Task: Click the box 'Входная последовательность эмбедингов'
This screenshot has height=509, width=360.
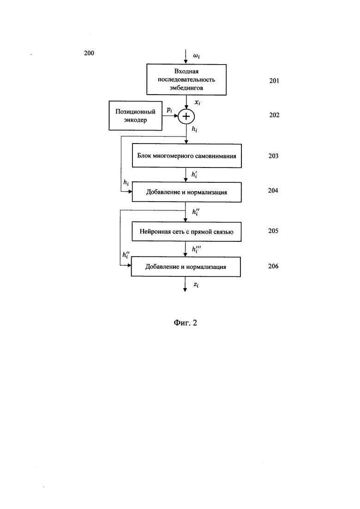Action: pos(186,79)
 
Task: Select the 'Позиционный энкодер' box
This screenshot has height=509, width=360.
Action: pos(135,115)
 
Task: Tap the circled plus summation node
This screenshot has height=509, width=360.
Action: pos(186,116)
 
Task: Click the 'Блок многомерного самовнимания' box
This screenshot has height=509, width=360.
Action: pos(186,156)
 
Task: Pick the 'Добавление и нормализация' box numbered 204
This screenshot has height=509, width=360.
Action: pos(186,192)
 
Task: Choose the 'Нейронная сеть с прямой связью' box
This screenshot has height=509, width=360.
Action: pos(186,232)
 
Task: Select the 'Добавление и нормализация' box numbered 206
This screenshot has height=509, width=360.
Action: pos(186,267)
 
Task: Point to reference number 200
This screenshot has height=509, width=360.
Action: pos(89,53)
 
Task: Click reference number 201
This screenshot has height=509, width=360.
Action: pos(274,80)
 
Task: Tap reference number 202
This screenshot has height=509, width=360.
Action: pos(274,115)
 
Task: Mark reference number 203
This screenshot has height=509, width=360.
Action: pos(273,156)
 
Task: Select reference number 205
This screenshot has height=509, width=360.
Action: pos(273,231)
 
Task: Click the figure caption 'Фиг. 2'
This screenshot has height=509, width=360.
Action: pos(186,323)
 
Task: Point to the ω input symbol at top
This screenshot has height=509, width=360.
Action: pos(197,56)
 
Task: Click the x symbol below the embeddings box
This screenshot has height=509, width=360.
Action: pos(197,102)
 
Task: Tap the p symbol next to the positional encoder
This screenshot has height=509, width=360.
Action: pos(169,110)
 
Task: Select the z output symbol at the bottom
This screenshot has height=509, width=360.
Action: pos(196,285)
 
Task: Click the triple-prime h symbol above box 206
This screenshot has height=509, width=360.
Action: pos(196,249)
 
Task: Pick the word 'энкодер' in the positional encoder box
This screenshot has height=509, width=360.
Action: pos(135,120)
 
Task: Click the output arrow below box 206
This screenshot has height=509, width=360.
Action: pos(185,284)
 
